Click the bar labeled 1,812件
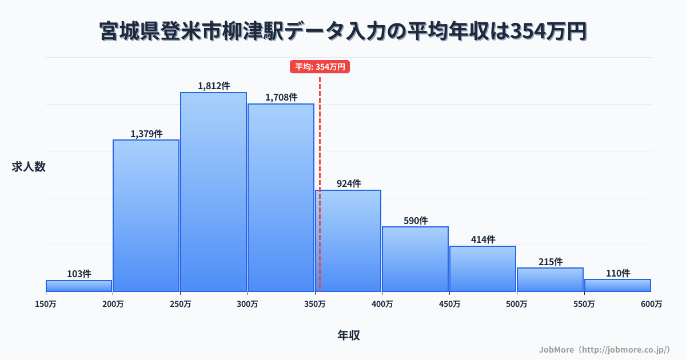click(214, 192)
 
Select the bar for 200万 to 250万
click(146, 216)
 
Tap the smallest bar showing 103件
click(79, 286)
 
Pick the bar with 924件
click(348, 241)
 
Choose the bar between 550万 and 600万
click(617, 285)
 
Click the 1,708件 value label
click(281, 98)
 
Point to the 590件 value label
click(416, 221)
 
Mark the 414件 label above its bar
click(483, 240)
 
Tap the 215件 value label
click(551, 262)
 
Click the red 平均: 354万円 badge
click(320, 67)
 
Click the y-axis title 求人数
click(29, 167)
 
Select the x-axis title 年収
click(348, 335)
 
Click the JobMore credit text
click(604, 349)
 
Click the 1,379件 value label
click(146, 134)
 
